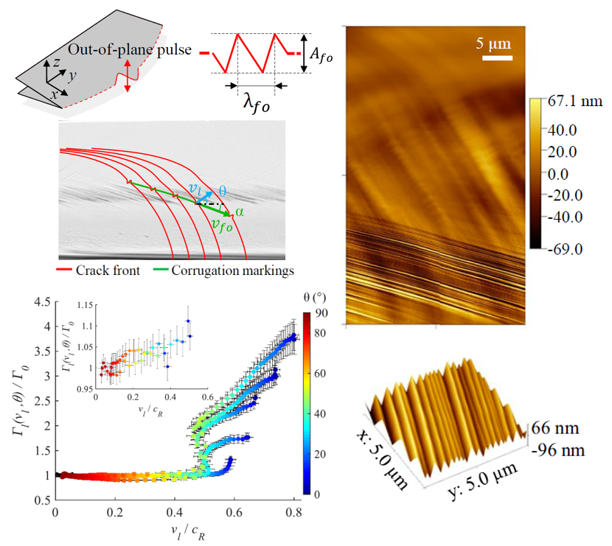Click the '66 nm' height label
(x=559, y=428)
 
